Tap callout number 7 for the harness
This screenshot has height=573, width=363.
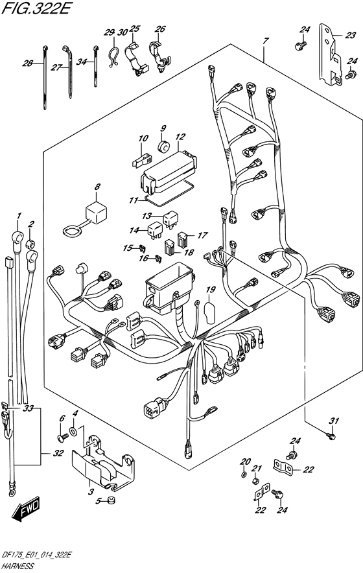[x=265, y=40]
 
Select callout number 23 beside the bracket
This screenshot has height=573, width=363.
[x=350, y=35]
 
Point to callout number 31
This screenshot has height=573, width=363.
[x=334, y=421]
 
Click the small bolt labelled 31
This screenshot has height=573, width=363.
[x=331, y=436]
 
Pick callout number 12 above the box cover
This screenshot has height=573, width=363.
[x=180, y=137]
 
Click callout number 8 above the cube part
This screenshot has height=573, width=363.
[x=97, y=187]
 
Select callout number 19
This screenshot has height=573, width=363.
[x=210, y=290]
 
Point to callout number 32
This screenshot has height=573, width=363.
[x=58, y=454]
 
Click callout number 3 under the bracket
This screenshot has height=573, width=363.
[x=91, y=491]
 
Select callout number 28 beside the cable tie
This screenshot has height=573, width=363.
[x=27, y=64]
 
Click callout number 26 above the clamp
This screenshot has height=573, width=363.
[x=160, y=29]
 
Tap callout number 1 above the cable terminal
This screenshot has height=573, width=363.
[x=19, y=215]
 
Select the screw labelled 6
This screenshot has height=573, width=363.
[x=63, y=436]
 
